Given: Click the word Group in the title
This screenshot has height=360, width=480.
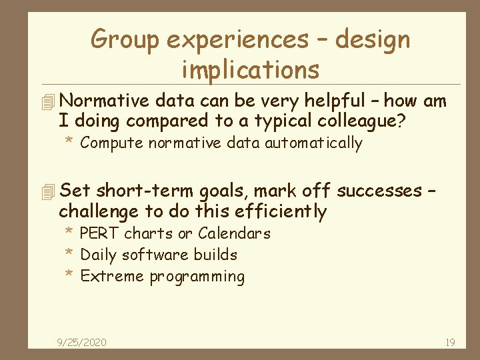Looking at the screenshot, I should (x=125, y=40).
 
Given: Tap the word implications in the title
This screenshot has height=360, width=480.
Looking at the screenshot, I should (x=250, y=69).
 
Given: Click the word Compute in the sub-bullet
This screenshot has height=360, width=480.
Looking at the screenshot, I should (x=111, y=143).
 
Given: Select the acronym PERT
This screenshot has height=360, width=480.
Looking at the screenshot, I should (x=100, y=233).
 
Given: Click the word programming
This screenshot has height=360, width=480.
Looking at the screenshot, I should (x=197, y=277).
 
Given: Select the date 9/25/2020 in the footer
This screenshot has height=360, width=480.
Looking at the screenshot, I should (x=81, y=343).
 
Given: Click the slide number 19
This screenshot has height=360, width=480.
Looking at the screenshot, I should (x=450, y=343).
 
